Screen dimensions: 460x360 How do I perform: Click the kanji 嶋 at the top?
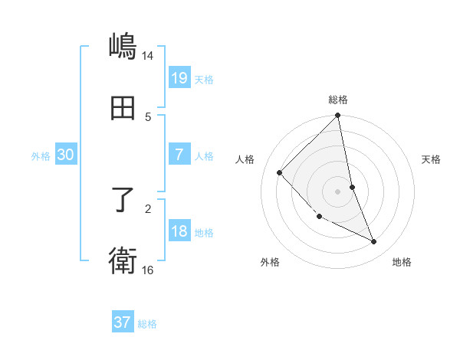coord(123,46)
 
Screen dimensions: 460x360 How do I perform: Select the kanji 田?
coord(123,110)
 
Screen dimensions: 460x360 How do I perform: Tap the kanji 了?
coord(123,201)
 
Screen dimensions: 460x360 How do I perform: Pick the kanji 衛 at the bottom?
coord(123,260)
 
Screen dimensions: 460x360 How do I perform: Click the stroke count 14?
coord(148,55)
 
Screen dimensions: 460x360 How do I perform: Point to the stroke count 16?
coord(148,270)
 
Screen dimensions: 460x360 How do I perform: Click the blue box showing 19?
coord(179,78)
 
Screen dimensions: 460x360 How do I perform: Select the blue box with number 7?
coord(179,155)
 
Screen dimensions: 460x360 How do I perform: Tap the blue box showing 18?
coord(179,231)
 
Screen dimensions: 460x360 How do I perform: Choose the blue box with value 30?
coord(66,155)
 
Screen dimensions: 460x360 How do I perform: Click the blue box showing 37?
coord(123,322)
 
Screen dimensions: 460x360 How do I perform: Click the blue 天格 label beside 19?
coord(204,80)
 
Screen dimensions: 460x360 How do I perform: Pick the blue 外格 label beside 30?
coord(41,156)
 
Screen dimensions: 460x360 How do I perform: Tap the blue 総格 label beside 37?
coord(147,324)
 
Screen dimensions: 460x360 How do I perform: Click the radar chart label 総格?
coord(338,100)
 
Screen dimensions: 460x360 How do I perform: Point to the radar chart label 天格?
coord(432,159)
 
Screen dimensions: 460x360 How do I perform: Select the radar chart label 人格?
coord(245,159)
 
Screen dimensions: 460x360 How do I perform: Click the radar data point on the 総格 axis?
coord(338,116)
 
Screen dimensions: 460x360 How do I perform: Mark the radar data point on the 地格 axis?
coord(374,241)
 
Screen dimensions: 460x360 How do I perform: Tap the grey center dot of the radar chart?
coord(338,191)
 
